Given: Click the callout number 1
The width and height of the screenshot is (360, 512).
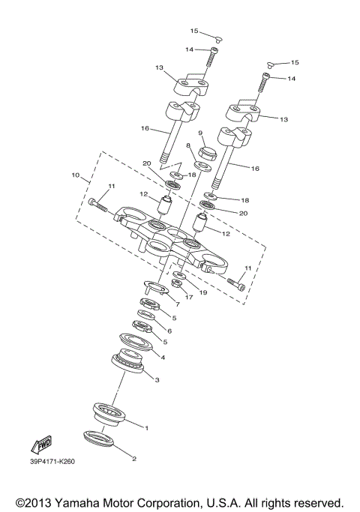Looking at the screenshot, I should pyautogui.click(x=147, y=428).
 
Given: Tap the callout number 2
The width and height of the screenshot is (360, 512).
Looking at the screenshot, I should pyautogui.click(x=134, y=458).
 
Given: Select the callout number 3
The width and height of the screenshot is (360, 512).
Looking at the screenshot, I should pyautogui.click(x=157, y=380).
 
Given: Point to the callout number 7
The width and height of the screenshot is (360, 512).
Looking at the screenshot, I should pyautogui.click(x=177, y=304).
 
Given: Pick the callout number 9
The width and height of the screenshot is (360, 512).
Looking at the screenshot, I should pyautogui.click(x=201, y=133).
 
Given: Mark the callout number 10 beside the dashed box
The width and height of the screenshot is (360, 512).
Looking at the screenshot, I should pyautogui.click(x=75, y=176).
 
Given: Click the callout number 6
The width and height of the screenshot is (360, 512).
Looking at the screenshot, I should pyautogui.click(x=169, y=331).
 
